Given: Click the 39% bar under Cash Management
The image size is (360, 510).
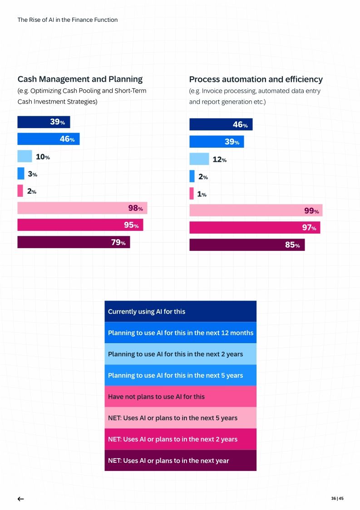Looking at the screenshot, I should (44, 122).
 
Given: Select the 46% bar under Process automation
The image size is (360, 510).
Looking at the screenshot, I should (221, 125).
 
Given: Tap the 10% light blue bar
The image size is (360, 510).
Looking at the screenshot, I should (25, 156).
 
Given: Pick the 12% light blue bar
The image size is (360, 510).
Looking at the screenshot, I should (199, 159).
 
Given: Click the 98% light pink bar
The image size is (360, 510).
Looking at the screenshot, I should (82, 208).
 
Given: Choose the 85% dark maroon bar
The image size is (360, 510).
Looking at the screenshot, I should (247, 245).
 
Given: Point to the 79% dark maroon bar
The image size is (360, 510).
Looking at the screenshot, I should (74, 242).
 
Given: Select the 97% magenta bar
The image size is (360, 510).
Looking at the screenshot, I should (254, 228).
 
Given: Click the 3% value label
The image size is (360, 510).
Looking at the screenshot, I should (32, 174).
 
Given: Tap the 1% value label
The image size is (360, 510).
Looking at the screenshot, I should (202, 194).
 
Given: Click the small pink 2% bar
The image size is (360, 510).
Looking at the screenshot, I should (20, 191).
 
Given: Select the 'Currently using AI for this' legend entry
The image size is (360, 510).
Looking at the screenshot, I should (180, 311).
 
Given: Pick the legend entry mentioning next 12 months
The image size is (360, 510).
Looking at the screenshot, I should (180, 333).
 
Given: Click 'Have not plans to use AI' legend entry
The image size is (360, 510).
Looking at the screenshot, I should (180, 396).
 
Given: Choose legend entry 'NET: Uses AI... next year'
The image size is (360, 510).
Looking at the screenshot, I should (180, 460).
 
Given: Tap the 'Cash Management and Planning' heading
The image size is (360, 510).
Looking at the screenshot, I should (80, 79).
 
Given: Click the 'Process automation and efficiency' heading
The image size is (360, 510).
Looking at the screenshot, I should (256, 79).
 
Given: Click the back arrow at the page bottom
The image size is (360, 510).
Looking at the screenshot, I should (20, 499).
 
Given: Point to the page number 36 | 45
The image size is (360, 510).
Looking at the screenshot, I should (337, 499).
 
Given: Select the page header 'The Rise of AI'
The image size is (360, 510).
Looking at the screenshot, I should (67, 20).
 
